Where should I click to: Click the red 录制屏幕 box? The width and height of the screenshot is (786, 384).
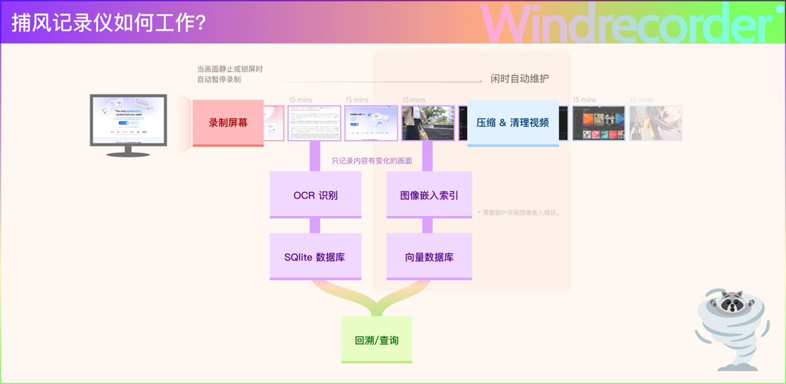pyautogui.click(x=228, y=122)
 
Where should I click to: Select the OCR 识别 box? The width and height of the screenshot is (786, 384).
pyautogui.click(x=315, y=195)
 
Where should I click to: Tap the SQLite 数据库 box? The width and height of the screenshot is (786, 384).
pyautogui.click(x=315, y=257)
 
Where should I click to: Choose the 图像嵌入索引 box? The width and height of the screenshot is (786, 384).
pyautogui.click(x=429, y=195)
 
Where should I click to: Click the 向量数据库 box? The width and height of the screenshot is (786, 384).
pyautogui.click(x=429, y=257)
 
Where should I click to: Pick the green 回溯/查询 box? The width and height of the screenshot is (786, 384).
pyautogui.click(x=376, y=340)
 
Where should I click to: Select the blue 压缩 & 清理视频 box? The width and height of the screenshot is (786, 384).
pyautogui.click(x=513, y=122)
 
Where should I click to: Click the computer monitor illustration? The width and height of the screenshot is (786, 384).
pyautogui.click(x=128, y=119)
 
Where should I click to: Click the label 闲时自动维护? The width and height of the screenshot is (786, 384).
pyautogui.click(x=519, y=79)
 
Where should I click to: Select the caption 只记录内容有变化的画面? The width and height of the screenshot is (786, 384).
pyautogui.click(x=372, y=161)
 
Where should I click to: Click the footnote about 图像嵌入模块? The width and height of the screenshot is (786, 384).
pyautogui.click(x=519, y=213)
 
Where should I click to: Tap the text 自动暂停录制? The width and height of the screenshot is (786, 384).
pyautogui.click(x=219, y=80)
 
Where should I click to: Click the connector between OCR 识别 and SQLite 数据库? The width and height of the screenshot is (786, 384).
pyautogui.click(x=315, y=225)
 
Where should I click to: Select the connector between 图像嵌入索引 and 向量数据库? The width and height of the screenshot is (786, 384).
pyautogui.click(x=427, y=225)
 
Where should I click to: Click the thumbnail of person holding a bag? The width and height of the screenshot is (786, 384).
pyautogui.click(x=427, y=123)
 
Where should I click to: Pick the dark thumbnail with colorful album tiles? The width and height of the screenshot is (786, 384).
pyautogui.click(x=599, y=123)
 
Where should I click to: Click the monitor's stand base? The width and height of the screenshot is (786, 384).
pyautogui.click(x=129, y=153)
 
